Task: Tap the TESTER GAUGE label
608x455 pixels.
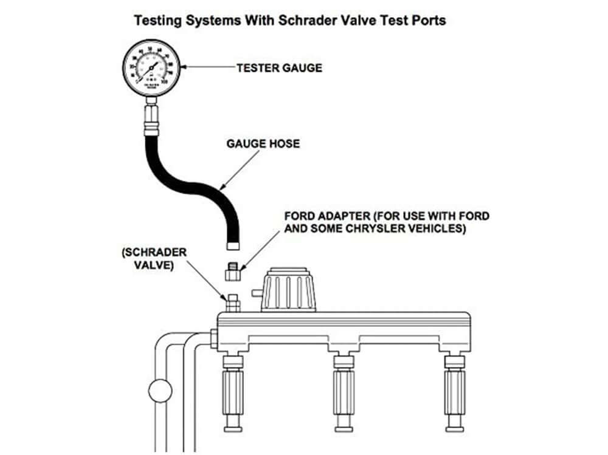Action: click(279, 68)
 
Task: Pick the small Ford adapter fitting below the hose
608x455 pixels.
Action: click(232, 271)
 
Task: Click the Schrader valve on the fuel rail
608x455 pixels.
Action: click(231, 301)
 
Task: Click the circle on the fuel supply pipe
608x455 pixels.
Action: click(160, 389)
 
